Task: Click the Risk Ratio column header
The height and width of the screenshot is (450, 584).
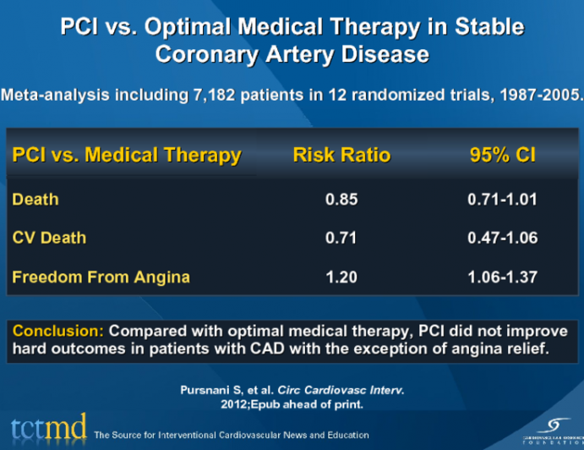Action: [341, 156]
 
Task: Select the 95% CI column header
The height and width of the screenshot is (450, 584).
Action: [502, 156]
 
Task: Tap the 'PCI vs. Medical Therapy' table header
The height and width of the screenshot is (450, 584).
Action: [127, 156]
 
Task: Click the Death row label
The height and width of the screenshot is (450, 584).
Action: [35, 200]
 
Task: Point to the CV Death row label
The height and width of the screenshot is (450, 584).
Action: [49, 238]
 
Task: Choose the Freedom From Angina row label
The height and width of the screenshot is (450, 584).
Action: [101, 277]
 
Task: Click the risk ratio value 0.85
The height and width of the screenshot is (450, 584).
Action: [341, 200]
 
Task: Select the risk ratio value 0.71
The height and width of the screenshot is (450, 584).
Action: [341, 238]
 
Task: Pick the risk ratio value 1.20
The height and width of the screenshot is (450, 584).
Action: [341, 277]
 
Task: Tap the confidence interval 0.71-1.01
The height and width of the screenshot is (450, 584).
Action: [502, 200]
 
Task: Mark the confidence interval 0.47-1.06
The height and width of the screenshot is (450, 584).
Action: [502, 238]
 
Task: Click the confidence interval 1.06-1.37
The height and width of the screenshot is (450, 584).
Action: [502, 277]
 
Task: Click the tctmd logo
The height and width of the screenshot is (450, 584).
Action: [48, 429]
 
